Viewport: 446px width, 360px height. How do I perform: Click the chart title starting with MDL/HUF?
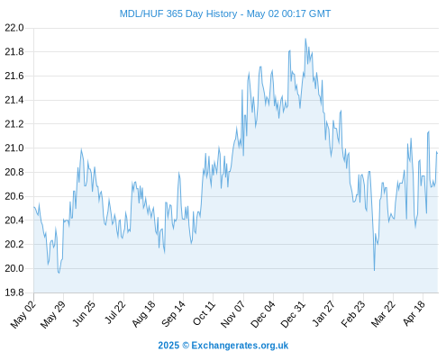225,13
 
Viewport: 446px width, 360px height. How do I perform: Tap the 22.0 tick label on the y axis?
14,28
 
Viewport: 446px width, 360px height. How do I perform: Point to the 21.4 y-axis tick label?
14,100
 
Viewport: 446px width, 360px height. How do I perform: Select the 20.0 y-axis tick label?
14,268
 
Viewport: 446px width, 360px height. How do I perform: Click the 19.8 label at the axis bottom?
14,292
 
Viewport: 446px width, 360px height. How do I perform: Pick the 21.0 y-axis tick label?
14,148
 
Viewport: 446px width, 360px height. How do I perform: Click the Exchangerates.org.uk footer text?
240,346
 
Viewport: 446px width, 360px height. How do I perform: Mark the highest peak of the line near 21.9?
305,39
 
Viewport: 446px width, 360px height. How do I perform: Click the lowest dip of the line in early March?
374,270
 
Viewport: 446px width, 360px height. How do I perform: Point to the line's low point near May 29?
59,273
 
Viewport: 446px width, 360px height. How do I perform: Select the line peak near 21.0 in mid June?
81,149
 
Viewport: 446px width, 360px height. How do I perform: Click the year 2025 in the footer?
168,346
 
